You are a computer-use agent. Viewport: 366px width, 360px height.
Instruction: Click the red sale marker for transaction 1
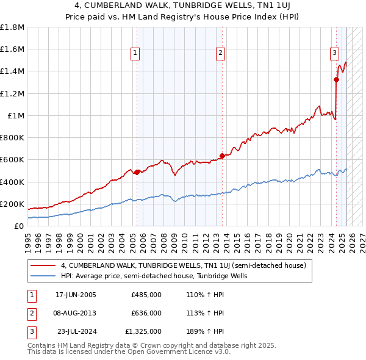[x=137, y=172]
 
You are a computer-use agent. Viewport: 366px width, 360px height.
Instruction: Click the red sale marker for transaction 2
[x=222, y=156]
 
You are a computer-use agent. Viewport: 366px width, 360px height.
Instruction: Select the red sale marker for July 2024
[x=336, y=79]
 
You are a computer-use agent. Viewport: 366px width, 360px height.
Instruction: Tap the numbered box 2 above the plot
[x=220, y=53]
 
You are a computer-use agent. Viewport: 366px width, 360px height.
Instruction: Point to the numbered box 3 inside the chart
[x=335, y=53]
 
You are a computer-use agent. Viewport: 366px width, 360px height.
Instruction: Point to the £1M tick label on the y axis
[x=16, y=115]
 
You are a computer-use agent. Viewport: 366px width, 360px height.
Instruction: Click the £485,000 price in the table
[x=146, y=295]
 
